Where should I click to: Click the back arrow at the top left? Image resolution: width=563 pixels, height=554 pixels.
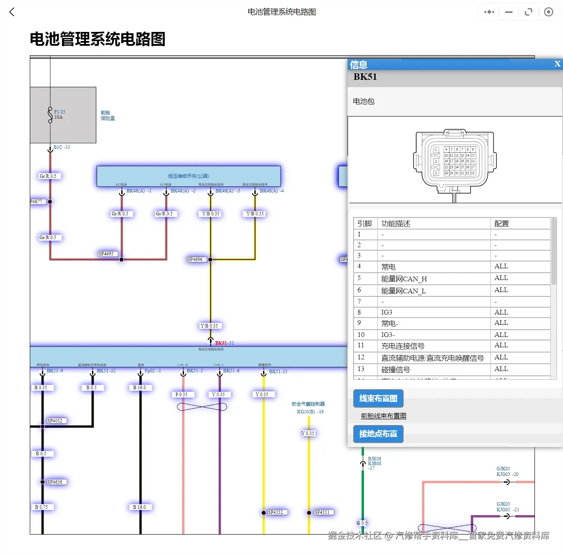pos(12,12)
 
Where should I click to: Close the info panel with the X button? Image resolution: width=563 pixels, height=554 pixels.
pos(557,64)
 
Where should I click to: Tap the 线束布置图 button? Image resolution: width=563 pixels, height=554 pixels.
pos(378,399)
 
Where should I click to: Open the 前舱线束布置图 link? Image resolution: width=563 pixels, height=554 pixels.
pos(383,416)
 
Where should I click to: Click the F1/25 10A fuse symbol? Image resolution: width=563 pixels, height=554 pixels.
pos(51,115)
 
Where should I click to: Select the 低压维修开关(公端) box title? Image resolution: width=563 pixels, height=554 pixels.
pos(188,176)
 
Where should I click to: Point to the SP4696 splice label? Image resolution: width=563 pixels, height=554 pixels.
pos(195,260)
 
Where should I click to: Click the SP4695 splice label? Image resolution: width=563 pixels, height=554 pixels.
pos(106,254)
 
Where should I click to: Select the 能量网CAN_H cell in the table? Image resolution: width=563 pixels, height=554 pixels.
pos(404,279)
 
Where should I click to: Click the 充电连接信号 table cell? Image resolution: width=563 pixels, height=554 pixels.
pos(402,346)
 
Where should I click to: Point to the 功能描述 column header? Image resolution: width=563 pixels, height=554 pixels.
pos(395,223)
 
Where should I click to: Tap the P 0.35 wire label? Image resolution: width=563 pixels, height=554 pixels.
pos(181,394)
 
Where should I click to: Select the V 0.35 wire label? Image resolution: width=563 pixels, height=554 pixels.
pos(218,394)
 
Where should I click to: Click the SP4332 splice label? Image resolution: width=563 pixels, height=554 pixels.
pos(275,513)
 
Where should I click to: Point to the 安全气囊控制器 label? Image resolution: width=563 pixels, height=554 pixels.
pos(308,404)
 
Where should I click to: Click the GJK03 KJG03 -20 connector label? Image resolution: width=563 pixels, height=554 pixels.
pos(507,472)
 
